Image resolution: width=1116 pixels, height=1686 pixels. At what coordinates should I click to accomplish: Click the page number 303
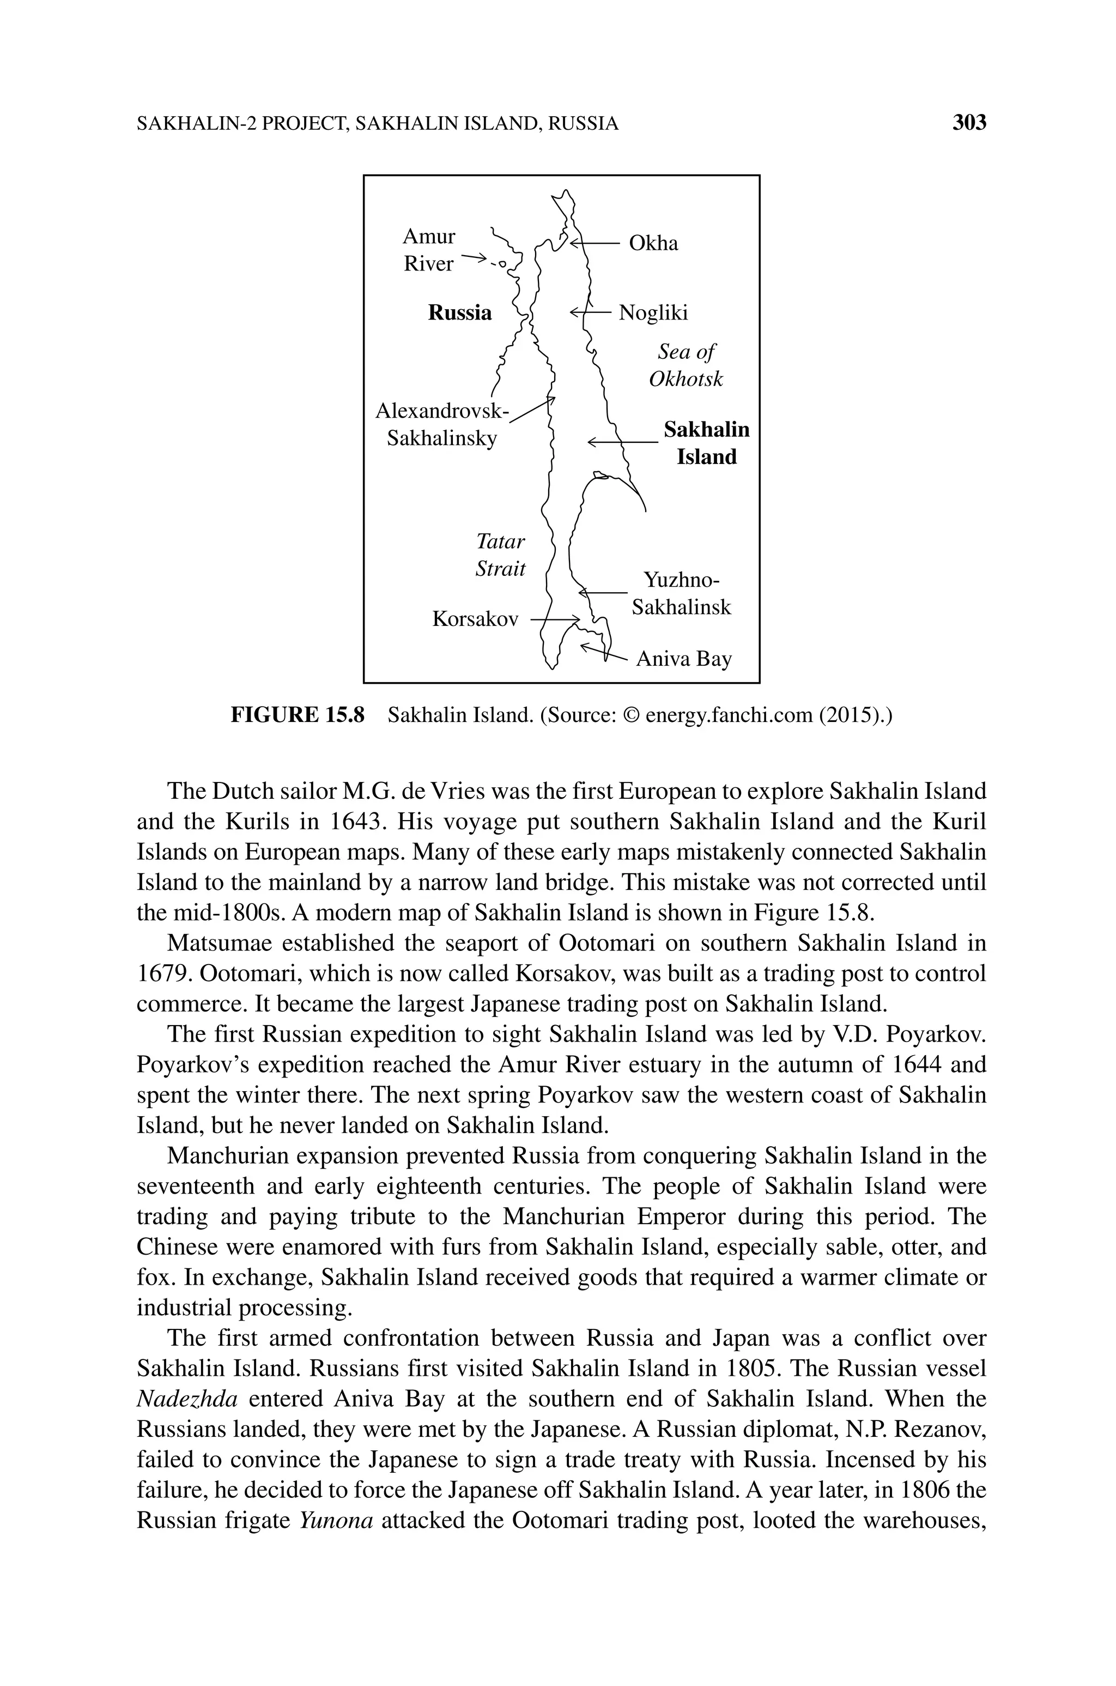[x=969, y=123]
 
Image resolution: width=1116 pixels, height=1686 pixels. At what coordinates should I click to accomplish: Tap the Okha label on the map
[x=653, y=244]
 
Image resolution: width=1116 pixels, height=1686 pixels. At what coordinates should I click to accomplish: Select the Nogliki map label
[x=653, y=312]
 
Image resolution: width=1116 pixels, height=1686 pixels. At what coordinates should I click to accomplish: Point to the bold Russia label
[x=459, y=312]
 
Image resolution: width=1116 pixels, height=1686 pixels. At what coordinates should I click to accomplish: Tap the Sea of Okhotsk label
[x=686, y=365]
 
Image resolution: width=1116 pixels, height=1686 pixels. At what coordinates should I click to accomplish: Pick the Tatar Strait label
[x=500, y=555]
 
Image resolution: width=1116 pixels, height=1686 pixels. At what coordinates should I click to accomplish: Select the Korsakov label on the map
[x=475, y=619]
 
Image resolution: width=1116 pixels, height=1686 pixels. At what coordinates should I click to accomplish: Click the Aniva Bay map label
[x=683, y=659]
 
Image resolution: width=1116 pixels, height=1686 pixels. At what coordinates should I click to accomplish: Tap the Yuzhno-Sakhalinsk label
[x=681, y=593]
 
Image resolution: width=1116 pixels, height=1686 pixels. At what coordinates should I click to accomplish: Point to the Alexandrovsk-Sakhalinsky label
[x=442, y=424]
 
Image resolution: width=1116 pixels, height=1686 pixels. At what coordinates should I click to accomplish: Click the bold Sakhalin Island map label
[x=706, y=443]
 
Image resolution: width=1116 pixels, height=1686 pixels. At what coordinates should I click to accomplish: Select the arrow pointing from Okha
[x=595, y=244]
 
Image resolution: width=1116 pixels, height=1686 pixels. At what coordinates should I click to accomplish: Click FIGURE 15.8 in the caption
[x=297, y=715]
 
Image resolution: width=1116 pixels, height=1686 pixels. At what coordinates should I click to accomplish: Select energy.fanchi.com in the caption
[x=728, y=715]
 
